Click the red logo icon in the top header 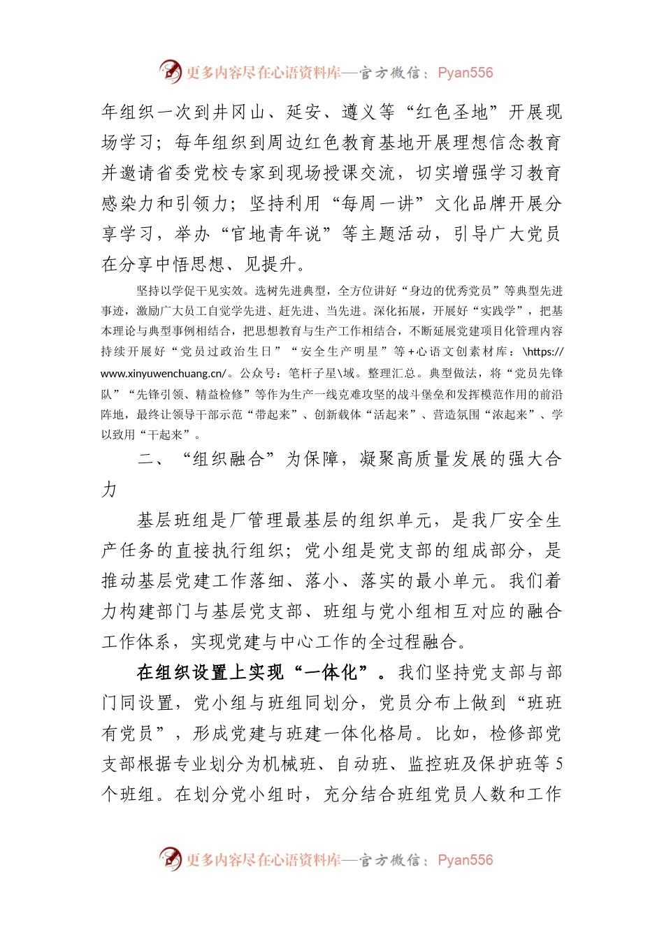[x=170, y=71]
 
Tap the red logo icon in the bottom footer [x=170, y=859]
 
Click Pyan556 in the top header [x=465, y=73]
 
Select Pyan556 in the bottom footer [x=465, y=860]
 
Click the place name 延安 [x=303, y=112]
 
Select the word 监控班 [x=434, y=764]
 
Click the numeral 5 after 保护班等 [x=558, y=764]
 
